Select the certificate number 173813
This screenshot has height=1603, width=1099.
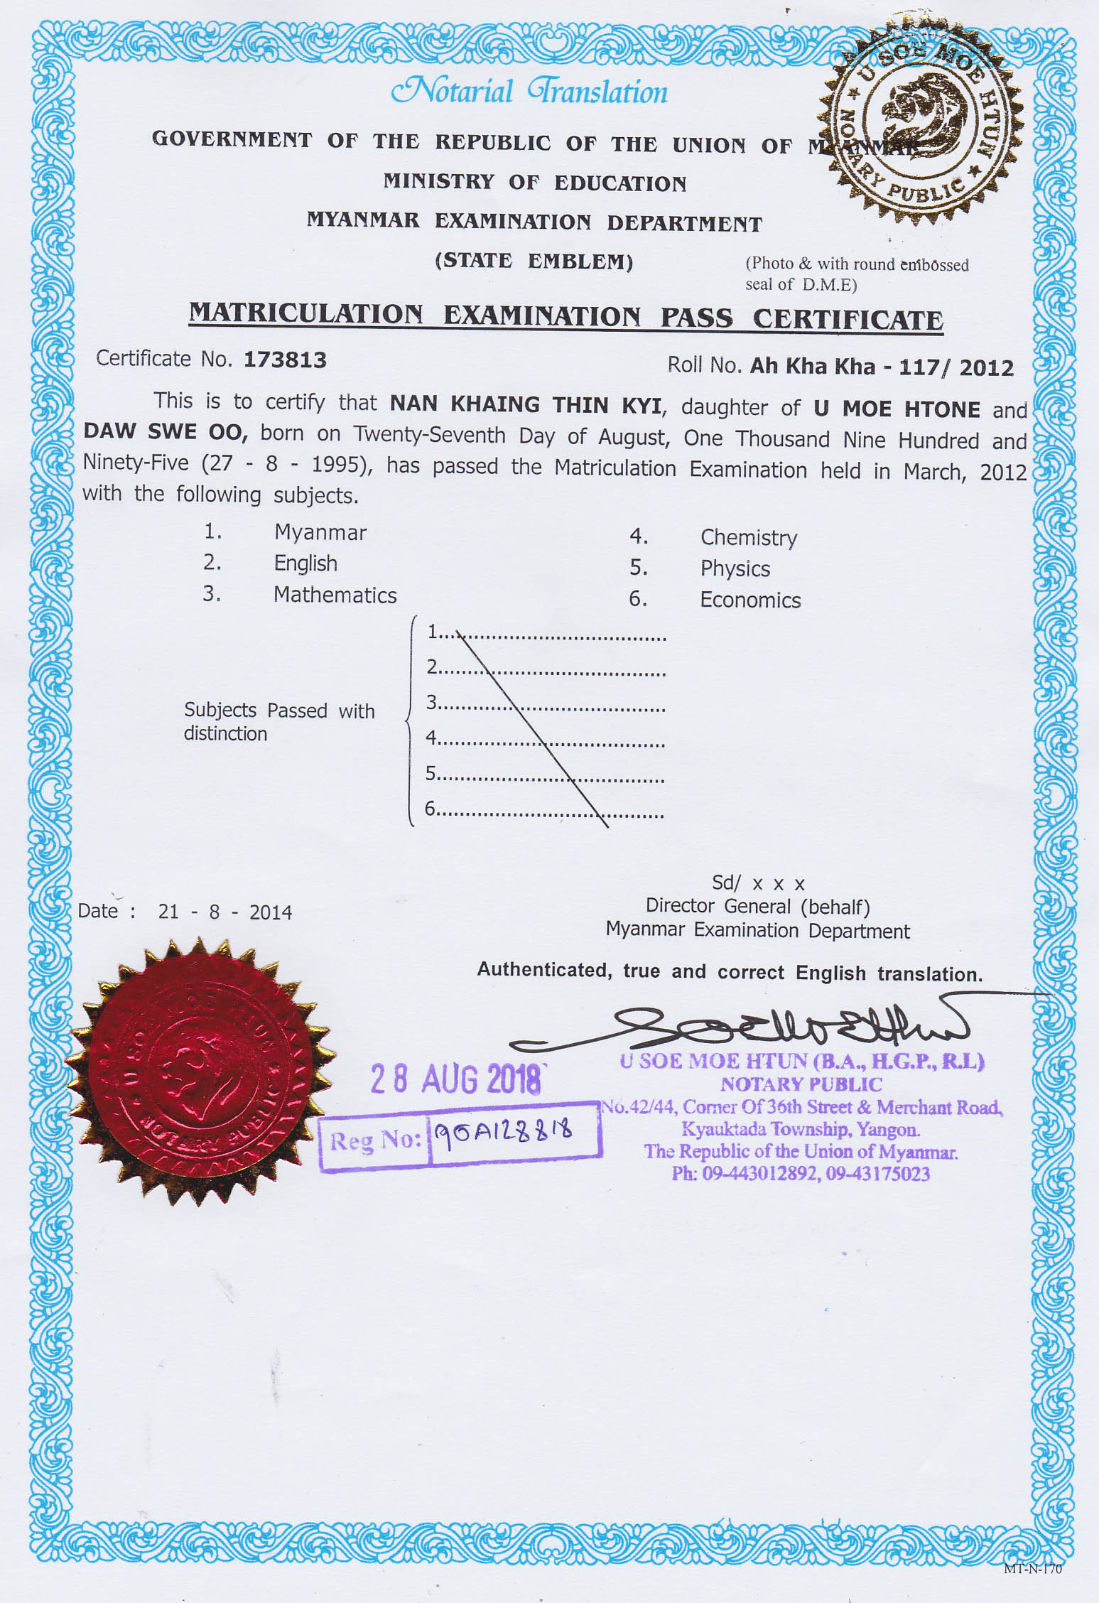285,360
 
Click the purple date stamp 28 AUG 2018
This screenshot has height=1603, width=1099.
455,1079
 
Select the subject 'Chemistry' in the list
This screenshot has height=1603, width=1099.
748,538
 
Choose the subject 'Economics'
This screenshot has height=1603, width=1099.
750,600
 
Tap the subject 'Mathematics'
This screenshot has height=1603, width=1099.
335,595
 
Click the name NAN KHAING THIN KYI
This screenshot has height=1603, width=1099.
525,405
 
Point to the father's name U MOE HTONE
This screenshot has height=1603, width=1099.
897,409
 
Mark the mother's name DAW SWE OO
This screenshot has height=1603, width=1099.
165,432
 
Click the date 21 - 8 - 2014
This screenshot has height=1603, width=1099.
224,912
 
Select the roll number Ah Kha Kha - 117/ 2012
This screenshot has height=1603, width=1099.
882,367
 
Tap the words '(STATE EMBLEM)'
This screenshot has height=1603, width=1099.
534,261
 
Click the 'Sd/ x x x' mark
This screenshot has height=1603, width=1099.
758,883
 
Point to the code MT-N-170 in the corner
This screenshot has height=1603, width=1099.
1032,1569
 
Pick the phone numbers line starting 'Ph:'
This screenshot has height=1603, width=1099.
801,1174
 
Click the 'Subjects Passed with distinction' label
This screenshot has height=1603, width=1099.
278,721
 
